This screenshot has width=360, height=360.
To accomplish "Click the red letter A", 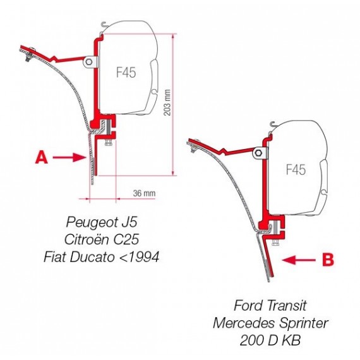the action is click(x=42, y=157).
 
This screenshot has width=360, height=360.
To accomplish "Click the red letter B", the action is click(x=328, y=260).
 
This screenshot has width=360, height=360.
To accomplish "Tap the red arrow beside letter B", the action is click(x=299, y=260).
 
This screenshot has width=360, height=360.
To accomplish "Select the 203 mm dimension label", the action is click(x=167, y=102).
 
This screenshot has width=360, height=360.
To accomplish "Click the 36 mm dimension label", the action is click(x=144, y=193).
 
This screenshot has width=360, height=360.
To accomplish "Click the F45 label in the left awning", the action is click(x=126, y=72).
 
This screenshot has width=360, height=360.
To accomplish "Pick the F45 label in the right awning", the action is click(x=296, y=170).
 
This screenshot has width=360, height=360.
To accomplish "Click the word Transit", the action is click(x=287, y=306).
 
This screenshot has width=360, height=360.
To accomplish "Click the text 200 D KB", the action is click(x=270, y=340).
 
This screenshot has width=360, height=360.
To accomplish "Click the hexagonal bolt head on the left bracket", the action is click(x=89, y=62).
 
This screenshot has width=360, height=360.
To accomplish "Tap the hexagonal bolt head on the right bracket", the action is click(x=258, y=153).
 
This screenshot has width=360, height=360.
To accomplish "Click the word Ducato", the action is click(x=92, y=257).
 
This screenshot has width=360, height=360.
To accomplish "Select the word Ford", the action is click(x=248, y=306).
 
